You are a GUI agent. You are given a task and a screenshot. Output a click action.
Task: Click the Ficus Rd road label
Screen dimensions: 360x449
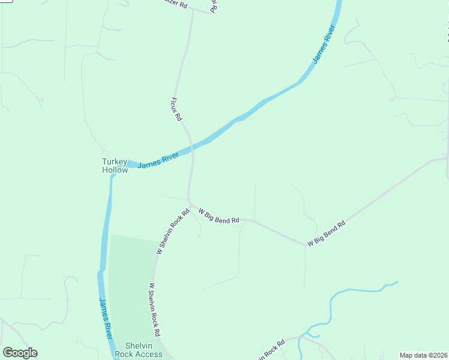176,109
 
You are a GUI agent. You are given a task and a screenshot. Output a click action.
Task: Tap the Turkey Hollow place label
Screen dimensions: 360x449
115,166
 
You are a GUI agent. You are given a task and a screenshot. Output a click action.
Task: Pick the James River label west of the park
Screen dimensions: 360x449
106,318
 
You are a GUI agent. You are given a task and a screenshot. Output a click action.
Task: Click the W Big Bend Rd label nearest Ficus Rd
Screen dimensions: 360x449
219,216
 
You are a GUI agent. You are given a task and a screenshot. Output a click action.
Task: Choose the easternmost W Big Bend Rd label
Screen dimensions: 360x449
327,234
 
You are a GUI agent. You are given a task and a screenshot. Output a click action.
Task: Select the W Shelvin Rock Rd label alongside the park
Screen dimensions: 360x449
155,310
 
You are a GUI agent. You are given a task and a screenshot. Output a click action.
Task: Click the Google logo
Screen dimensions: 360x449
20,353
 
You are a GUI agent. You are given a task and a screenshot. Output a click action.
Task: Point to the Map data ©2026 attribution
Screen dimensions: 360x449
423,355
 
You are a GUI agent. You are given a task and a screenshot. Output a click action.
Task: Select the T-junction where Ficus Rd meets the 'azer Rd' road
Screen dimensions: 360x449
193,10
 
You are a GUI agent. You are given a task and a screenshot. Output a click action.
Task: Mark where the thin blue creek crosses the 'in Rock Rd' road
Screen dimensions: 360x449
306,337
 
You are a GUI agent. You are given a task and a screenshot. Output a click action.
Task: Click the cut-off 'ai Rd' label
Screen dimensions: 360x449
214,6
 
